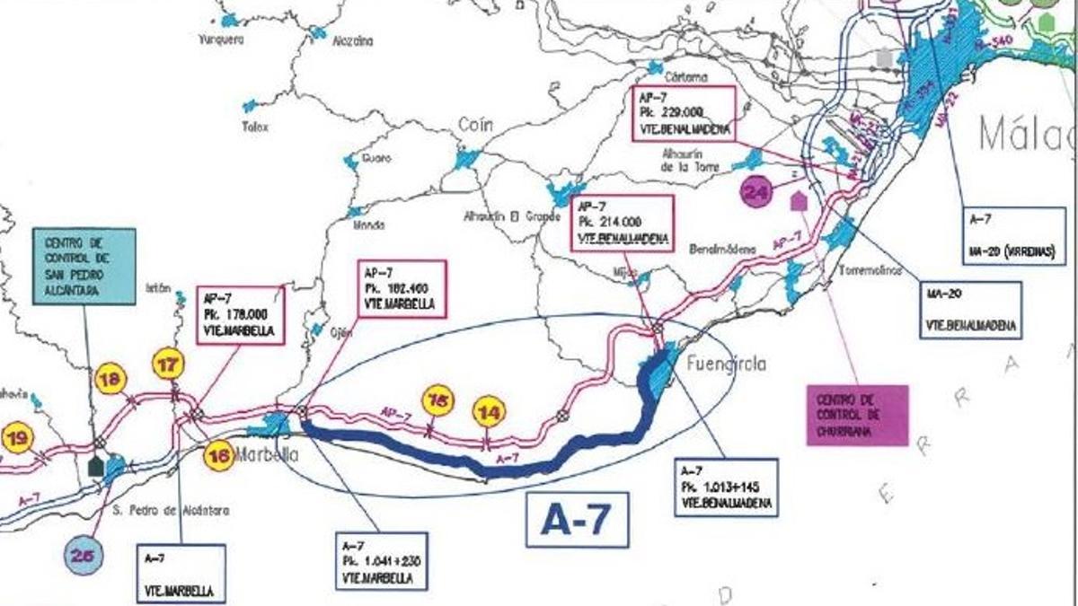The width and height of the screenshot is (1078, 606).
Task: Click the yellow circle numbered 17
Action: tap(168, 364)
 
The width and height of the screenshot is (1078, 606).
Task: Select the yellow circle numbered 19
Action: tap(17, 439)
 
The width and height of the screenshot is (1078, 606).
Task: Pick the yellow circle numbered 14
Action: tap(490, 411)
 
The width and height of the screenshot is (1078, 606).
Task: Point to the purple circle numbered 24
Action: tap(757, 191)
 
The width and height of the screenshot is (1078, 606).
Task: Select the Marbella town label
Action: tap(266, 454)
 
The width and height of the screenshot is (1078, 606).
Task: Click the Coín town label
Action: tap(475, 126)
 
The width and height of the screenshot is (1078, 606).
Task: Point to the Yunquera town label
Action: tap(221, 40)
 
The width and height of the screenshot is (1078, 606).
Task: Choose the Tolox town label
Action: tap(255, 127)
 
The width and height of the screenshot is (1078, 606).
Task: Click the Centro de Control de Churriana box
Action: tap(857, 415)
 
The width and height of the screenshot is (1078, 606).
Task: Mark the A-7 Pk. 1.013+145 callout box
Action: tap(725, 487)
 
